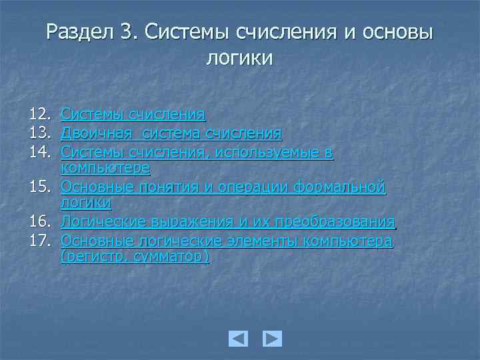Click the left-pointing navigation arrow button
pyautogui.click(x=238, y=339)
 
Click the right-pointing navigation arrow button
pyautogui.click(x=272, y=339)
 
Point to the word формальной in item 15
pyautogui.click(x=346, y=186)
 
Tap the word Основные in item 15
pyautogui.click(x=94, y=186)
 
